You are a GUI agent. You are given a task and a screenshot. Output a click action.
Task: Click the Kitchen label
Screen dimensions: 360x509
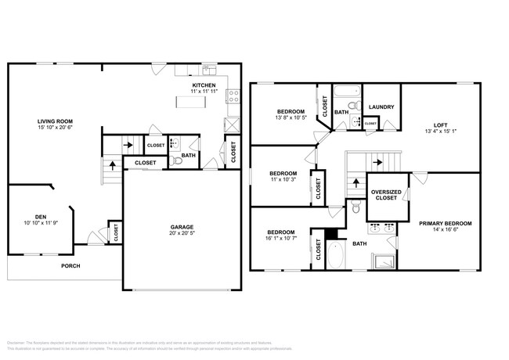(205, 85)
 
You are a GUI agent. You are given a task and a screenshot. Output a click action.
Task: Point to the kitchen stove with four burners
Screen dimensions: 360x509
(233, 97)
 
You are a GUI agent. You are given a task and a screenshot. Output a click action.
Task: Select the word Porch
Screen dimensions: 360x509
(71, 266)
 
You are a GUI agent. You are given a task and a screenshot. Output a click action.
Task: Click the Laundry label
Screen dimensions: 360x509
(381, 107)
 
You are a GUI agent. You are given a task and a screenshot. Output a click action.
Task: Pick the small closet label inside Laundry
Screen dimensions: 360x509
(370, 123)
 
